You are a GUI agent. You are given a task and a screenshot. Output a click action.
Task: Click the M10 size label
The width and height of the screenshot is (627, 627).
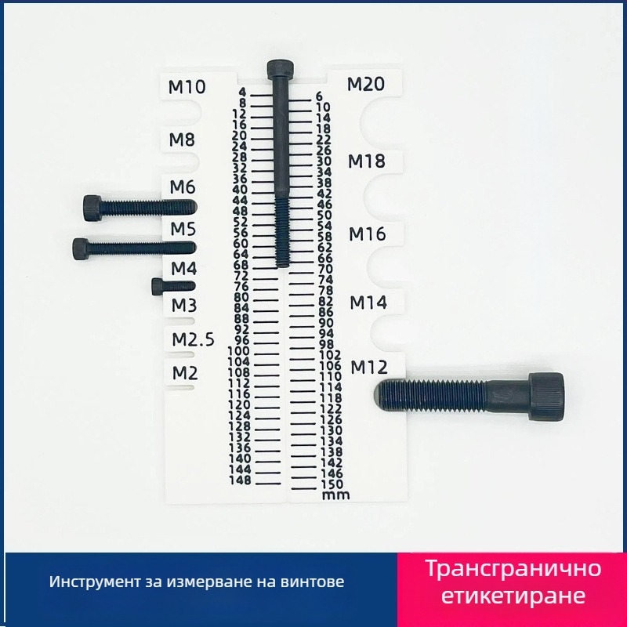click(x=187, y=87)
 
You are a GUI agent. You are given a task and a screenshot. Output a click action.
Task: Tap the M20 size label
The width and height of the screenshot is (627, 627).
click(x=366, y=84)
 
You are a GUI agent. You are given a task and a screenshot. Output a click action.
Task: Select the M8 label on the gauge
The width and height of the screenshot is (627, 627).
click(x=182, y=140)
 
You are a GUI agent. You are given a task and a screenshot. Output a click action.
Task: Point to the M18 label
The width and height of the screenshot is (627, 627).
click(x=367, y=161)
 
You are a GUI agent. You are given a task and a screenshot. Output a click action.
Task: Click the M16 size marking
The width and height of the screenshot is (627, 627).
click(x=368, y=234)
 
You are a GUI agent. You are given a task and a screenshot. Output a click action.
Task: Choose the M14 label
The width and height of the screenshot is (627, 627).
click(x=368, y=303)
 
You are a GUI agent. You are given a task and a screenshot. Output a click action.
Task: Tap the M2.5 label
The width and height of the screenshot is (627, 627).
click(x=193, y=340)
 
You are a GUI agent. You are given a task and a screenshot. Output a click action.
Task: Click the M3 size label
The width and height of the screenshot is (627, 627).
click(x=184, y=306)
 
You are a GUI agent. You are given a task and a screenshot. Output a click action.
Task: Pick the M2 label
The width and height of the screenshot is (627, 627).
click(x=185, y=373)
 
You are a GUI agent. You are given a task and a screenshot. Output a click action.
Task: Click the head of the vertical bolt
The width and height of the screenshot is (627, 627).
click(x=281, y=69)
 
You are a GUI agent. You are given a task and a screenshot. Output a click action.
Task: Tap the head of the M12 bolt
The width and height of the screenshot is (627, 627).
click(x=546, y=397)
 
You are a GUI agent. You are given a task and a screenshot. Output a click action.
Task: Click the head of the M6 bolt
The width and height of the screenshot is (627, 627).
click(x=92, y=208)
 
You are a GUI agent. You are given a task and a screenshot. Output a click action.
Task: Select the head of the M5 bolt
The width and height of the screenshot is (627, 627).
click(x=81, y=248)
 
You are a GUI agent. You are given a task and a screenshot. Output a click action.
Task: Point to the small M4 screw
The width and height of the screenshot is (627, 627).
click(x=173, y=286)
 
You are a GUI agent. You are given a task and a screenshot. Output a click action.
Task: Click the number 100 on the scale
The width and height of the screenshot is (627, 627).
click(x=238, y=351)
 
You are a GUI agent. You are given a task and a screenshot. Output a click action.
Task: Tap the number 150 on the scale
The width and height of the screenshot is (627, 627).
click(x=332, y=484)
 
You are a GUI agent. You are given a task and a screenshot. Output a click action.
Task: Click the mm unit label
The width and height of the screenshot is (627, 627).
click(x=336, y=495)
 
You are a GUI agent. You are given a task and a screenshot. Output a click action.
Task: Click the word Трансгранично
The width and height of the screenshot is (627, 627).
click(x=513, y=568)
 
